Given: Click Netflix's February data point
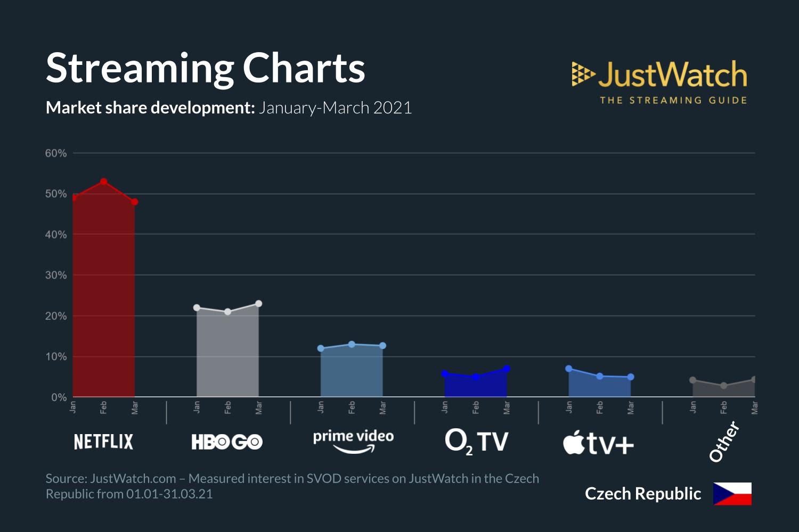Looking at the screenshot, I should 104,181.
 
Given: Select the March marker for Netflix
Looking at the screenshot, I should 135,202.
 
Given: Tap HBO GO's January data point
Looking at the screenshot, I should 197,307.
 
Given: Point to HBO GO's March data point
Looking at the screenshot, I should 259,304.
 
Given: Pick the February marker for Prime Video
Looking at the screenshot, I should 352,344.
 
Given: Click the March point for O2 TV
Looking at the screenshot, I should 507,369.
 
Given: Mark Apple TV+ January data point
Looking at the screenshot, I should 569,369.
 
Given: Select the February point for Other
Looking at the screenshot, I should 723,386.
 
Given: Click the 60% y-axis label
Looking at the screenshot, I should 56,153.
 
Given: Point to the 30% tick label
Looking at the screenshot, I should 56,275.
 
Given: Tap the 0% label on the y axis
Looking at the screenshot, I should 59,397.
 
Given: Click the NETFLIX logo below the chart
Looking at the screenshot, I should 103,442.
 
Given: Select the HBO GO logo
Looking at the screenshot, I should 227,442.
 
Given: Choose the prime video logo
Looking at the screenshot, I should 353,441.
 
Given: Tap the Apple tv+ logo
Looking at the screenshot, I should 599,443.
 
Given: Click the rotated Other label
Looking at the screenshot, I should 724,441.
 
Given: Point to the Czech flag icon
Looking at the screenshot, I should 732,494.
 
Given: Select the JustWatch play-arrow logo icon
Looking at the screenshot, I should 583,74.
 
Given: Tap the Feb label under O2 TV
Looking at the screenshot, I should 476,408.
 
